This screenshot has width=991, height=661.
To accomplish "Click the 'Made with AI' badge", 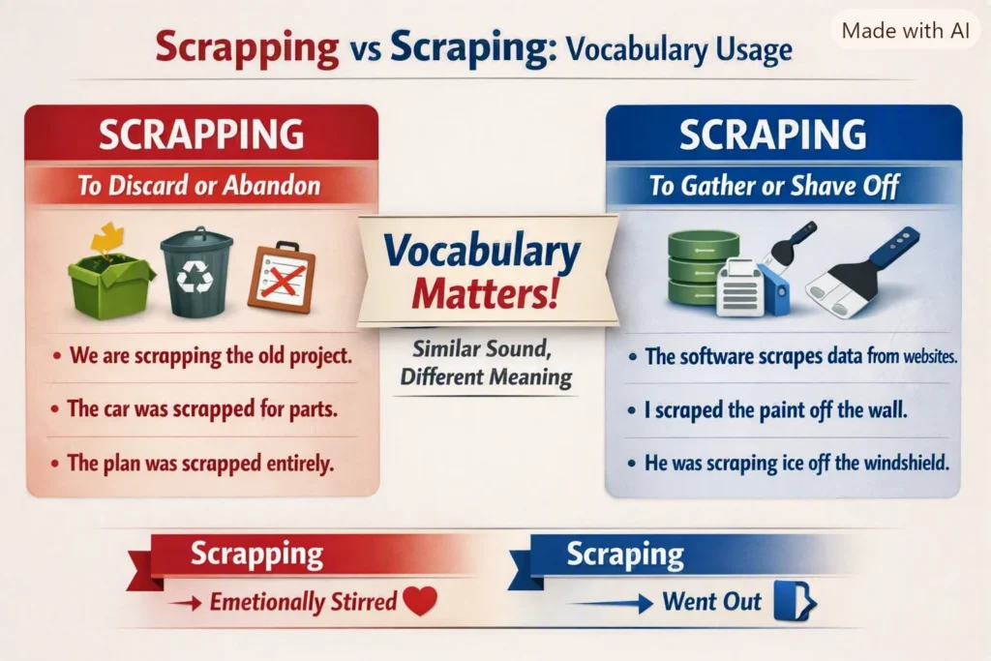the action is pos(905,30).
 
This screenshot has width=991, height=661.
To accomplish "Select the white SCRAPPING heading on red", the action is pos(201,134).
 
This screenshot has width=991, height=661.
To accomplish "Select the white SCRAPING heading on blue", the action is pos(772,134).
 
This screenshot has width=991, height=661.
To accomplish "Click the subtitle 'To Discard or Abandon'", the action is pos(199,186).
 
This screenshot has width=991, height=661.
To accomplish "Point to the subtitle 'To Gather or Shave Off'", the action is pos(774,186).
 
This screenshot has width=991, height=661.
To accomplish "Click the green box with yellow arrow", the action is pos(110,271).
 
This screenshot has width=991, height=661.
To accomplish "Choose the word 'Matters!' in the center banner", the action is pos(486,293).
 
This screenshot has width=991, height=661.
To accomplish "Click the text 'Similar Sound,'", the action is pos(482,348).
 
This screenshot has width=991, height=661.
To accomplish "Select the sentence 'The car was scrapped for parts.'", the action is pos(202,408).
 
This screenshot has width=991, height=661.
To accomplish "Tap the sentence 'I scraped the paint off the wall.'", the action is pos(775,410).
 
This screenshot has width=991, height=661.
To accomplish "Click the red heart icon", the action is pos(420,600).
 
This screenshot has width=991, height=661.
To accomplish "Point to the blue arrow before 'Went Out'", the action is pos(611,604).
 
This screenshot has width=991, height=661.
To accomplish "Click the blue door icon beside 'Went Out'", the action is pos(796,601).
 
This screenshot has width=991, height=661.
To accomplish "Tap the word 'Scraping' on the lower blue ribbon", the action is pos(625,555).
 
